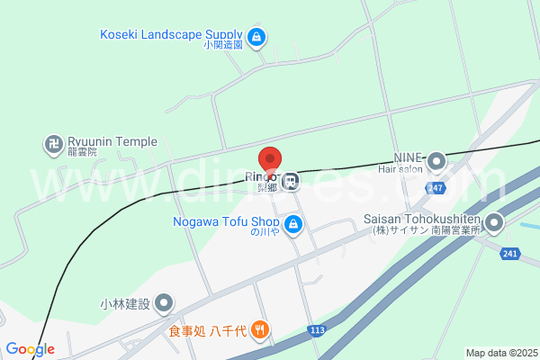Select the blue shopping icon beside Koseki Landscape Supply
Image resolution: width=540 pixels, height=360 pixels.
click(257, 37)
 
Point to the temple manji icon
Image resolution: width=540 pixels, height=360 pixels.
click(53, 143)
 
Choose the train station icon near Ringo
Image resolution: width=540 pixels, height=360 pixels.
click(290, 182)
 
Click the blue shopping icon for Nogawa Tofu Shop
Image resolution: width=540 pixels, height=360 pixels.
click(292, 224)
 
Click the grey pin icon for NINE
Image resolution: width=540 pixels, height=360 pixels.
click(436, 162)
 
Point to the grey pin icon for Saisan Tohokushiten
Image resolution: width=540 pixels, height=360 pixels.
click(493, 221)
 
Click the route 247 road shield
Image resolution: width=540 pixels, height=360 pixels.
click(436, 187)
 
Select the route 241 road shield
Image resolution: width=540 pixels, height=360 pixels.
click(509, 255)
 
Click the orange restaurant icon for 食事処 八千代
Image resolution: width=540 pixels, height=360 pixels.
click(260, 329)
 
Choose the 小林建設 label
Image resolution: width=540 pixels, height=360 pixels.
click(126, 303)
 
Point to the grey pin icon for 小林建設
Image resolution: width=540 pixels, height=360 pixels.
click(165, 303)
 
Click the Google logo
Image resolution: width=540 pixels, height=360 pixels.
click(30, 349)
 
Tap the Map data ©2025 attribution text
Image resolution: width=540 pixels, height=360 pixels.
click(500, 353)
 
